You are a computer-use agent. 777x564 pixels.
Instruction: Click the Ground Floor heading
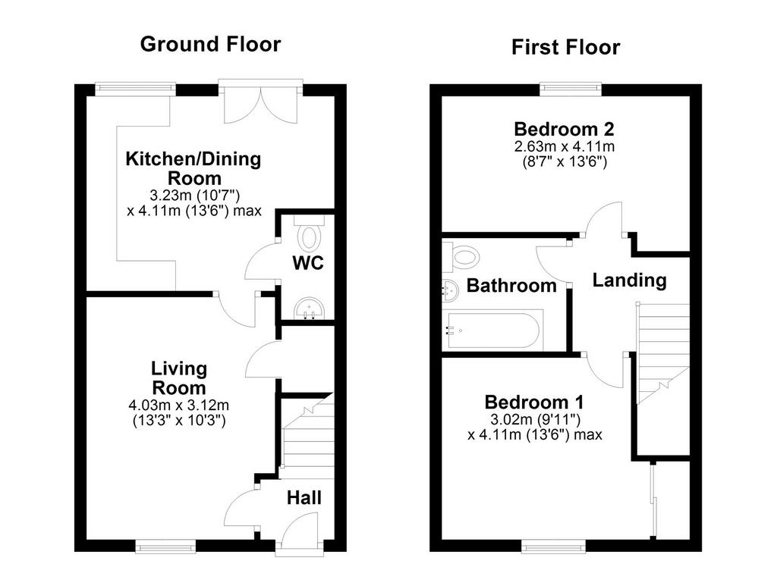pos(211,44)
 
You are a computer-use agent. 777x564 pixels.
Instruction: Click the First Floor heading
pos(565,48)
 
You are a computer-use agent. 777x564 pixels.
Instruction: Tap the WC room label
pos(308,262)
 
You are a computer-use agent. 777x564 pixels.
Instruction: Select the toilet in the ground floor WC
pos(308,233)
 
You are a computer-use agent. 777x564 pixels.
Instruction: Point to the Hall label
pos(304,497)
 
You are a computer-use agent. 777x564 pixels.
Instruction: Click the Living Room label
pos(179,378)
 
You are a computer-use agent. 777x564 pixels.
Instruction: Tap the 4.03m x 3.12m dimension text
pos(179,405)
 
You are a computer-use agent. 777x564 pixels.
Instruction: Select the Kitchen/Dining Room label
pos(193,168)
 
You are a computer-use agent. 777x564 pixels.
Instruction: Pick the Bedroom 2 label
pos(564,129)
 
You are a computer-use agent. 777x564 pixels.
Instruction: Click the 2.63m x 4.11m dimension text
pos(565,146)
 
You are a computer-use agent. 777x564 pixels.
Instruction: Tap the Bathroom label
pos(511,286)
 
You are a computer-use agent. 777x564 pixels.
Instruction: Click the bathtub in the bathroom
pos(493,330)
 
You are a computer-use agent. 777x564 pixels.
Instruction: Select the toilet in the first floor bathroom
pos(461,256)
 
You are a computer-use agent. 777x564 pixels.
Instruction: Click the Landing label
pos(629,280)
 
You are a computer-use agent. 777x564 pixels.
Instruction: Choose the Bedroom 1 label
pos(534,402)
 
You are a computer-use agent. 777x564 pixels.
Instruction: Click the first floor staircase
pos(662,353)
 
